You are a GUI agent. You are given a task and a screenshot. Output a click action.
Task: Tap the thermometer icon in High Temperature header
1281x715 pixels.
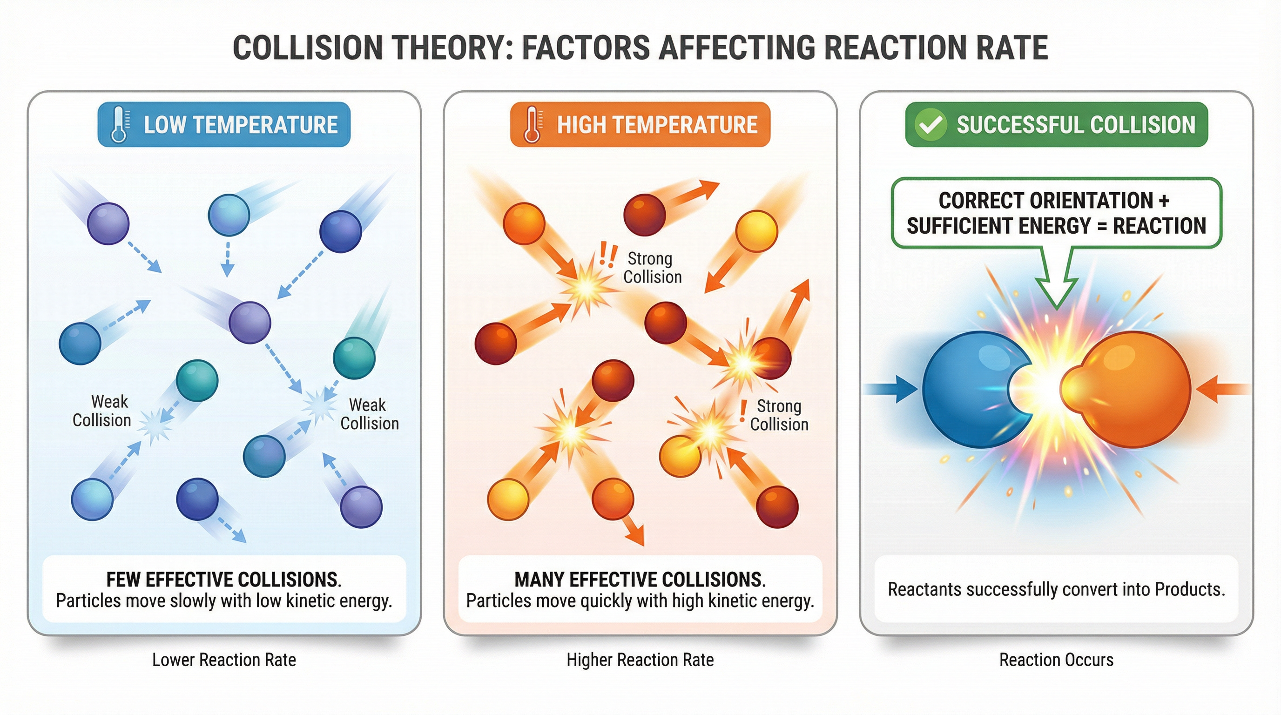point(532,124)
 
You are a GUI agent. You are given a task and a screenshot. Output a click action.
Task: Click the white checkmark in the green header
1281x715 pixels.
point(930,125)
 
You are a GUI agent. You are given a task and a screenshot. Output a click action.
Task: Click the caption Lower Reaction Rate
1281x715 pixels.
point(224,660)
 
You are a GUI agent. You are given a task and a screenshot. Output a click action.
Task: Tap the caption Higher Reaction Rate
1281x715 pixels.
point(640,660)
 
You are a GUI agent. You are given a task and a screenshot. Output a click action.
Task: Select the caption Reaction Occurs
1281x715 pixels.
point(1056,660)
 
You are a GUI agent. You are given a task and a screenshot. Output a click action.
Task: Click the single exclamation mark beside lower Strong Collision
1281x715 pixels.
point(743,411)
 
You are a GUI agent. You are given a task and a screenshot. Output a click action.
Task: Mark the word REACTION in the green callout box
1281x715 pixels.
point(1159,226)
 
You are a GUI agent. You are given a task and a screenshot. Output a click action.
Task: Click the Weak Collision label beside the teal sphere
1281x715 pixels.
point(370,414)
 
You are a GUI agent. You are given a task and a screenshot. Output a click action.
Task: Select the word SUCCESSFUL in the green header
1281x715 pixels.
point(1021,125)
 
